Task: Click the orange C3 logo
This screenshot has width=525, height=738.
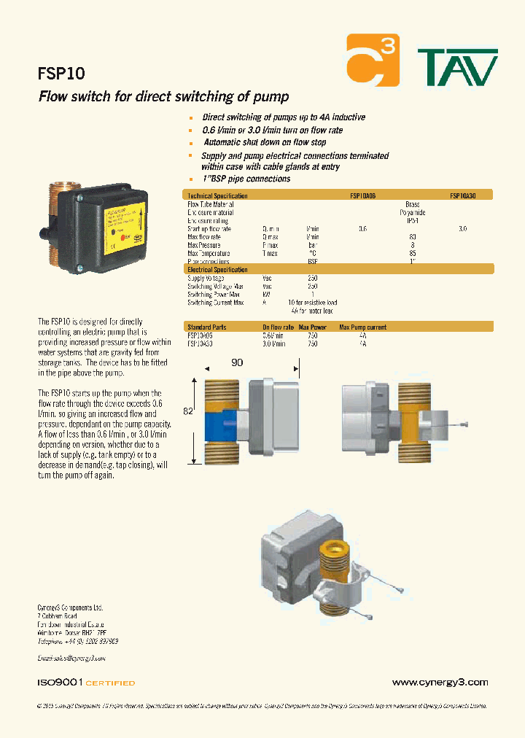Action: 373,60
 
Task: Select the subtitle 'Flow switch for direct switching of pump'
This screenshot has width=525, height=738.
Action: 163,97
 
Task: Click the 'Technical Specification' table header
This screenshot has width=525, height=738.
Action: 218,195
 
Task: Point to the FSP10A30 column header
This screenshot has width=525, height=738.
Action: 462,195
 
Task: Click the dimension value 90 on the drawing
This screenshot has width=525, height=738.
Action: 237,362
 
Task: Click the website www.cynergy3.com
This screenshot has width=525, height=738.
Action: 439,683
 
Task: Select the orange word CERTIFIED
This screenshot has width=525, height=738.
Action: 111,683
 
